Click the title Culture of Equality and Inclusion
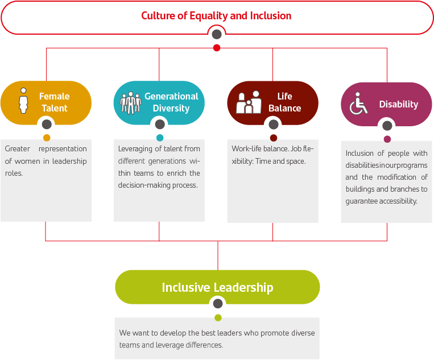[x=216, y=15]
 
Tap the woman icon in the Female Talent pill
[x=23, y=101]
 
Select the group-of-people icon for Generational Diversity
[x=130, y=102]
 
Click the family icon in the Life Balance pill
[x=249, y=102]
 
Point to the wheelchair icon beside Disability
[x=358, y=104]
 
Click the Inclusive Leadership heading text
[x=217, y=287]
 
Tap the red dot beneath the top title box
[x=217, y=48]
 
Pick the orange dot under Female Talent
[x=47, y=138]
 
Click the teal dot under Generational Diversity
[x=160, y=138]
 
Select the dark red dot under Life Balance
[x=274, y=138]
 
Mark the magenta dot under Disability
[x=387, y=139]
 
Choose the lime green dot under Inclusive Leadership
[x=218, y=317]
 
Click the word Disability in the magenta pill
[x=398, y=104]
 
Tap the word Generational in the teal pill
[x=171, y=96]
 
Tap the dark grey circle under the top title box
[x=217, y=35]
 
